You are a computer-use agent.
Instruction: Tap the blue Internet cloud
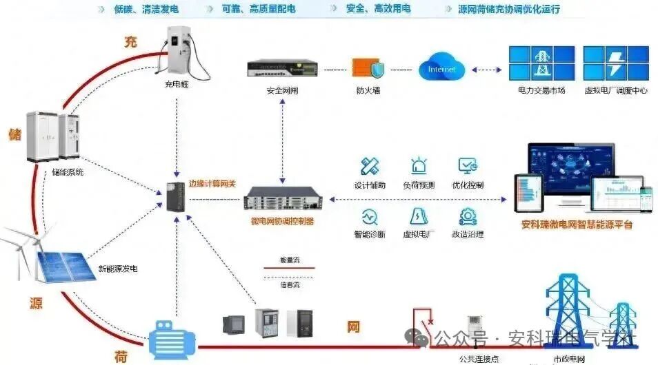[x=442, y=69]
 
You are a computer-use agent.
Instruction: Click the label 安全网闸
[x=283, y=90]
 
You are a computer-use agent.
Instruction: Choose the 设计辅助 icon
[x=370, y=166]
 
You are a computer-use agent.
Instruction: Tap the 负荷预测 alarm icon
[x=419, y=166]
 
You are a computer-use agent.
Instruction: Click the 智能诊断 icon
[x=370, y=216]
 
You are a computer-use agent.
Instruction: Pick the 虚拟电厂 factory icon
[x=419, y=216]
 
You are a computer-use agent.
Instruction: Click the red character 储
[x=14, y=133]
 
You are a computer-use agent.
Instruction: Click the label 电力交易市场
[x=541, y=90]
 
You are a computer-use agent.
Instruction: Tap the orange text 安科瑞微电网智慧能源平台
[x=577, y=225]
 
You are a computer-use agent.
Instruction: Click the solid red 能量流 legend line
[x=289, y=268]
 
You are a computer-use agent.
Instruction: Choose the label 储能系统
[x=68, y=172]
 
